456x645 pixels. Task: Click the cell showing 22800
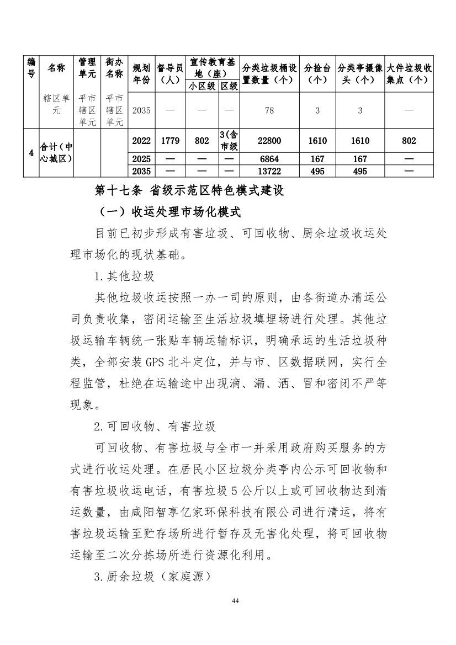[x=269, y=141]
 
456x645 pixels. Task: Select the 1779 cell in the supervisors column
[x=170, y=141]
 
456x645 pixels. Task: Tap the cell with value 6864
[x=269, y=159]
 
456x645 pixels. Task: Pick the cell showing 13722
[x=269, y=171]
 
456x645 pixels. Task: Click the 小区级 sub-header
[x=203, y=86]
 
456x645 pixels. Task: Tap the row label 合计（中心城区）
[x=57, y=153]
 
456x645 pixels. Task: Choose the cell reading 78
[x=269, y=110]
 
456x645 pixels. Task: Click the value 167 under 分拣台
[x=317, y=159]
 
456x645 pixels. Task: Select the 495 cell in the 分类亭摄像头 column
[x=360, y=171]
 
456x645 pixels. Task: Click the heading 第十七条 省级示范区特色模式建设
[x=189, y=191]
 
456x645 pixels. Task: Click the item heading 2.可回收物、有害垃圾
[x=155, y=427]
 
